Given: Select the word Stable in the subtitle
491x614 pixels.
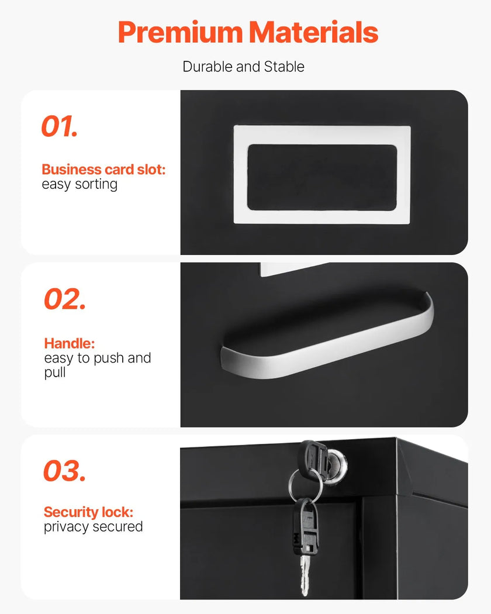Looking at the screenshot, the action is [284, 67].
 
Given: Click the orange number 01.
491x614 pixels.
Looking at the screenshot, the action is [60, 126].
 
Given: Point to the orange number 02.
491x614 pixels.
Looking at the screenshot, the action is [65, 299].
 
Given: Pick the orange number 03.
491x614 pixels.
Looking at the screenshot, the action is [64, 471].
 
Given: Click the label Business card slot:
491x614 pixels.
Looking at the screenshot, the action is [104, 170].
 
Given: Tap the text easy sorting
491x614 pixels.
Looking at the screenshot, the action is [79, 184].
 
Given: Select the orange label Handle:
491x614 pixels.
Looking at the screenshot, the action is [70, 343].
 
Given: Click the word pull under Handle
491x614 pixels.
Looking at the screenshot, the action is [55, 372].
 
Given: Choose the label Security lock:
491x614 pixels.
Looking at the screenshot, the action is [88, 512].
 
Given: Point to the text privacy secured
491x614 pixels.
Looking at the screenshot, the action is [93, 527].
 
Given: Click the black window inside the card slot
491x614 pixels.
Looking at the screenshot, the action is [322, 177].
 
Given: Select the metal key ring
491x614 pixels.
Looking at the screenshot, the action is [305, 486].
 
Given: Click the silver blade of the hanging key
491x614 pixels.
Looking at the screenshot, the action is [305, 575].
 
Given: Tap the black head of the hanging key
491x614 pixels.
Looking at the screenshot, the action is [305, 526].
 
